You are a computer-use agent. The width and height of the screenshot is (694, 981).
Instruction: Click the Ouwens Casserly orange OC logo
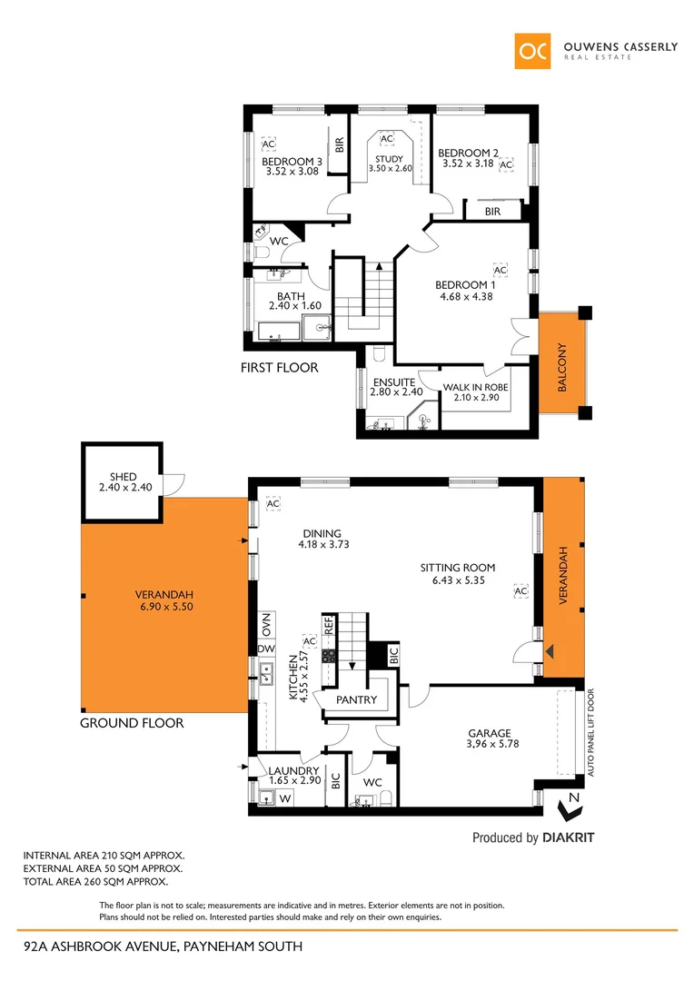point(532,51)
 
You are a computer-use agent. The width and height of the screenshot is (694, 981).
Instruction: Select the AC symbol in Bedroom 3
point(268,144)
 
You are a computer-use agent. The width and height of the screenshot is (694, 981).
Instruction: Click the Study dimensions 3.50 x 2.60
point(390,169)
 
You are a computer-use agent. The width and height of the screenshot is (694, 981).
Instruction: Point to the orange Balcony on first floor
point(562,367)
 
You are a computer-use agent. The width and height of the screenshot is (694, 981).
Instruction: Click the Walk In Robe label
point(475,387)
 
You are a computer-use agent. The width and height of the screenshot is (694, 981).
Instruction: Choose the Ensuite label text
point(394,382)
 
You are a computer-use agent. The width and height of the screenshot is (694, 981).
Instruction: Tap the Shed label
point(123,476)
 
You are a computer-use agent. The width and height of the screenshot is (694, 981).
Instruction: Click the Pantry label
point(356,700)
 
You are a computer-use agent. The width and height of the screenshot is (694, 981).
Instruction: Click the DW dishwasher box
point(266,649)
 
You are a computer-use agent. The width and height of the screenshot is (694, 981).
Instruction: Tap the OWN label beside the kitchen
point(266,625)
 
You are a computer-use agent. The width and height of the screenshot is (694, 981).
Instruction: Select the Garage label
point(490,733)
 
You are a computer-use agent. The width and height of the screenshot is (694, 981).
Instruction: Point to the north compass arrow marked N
point(571,800)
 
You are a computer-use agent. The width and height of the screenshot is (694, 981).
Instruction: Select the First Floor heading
point(279,368)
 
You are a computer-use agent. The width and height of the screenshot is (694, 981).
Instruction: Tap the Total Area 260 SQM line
point(95,881)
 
